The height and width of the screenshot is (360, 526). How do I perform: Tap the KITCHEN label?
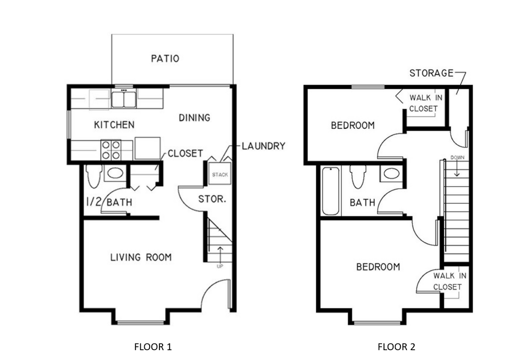click(114, 125)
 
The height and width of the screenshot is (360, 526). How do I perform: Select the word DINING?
click(194, 117)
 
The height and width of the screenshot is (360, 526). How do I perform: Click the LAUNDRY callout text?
click(263, 146)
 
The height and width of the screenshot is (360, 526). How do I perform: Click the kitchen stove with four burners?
click(111, 150)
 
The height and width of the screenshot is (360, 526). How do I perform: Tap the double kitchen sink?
click(124, 99)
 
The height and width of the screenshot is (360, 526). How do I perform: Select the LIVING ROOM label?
click(141, 257)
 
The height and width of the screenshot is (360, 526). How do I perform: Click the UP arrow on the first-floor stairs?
click(220, 255)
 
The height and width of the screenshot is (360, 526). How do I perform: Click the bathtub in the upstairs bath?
click(330, 191)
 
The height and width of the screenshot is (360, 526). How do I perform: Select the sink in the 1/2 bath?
click(115, 173)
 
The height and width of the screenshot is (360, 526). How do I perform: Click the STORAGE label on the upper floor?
click(431, 73)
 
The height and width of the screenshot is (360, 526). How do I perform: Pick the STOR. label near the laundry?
click(212, 199)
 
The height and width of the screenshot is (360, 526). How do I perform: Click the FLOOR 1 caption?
click(153, 347)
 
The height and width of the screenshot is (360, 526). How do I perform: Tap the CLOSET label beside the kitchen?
click(185, 154)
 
